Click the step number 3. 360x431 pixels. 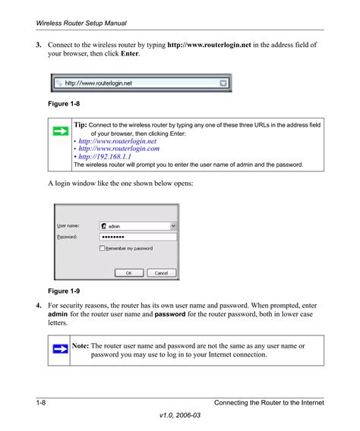click(39, 45)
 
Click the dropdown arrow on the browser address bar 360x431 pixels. click(223, 83)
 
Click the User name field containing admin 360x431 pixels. click(138, 225)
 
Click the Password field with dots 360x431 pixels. click(138, 237)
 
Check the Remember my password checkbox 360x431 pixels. click(103, 248)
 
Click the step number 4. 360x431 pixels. click(39, 304)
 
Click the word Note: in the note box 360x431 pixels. click(81, 346)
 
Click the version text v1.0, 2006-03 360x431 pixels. click(180, 416)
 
